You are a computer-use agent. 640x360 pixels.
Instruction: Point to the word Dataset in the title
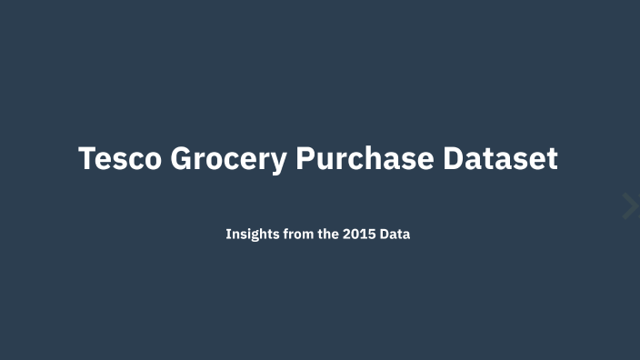tap(500, 158)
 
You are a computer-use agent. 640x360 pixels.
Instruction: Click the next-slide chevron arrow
tap(630, 206)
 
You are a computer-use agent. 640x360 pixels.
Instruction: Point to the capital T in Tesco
tap(87, 158)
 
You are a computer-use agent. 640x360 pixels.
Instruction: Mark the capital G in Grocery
tap(183, 158)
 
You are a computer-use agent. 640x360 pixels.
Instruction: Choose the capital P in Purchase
tap(305, 158)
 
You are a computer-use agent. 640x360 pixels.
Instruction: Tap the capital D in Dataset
tap(455, 158)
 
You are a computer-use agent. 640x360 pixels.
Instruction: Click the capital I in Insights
tap(228, 234)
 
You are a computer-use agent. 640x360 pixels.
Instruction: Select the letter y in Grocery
tap(279, 162)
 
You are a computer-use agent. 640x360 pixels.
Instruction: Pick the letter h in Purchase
tap(391, 158)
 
